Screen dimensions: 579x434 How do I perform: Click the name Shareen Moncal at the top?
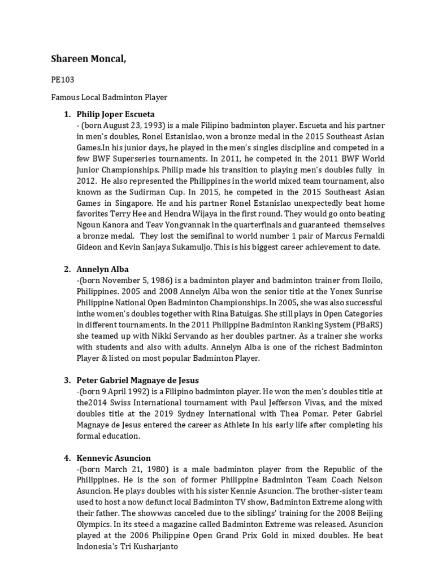[x=89, y=61]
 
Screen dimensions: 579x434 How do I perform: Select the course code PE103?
[x=62, y=81]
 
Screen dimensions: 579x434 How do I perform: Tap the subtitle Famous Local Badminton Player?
[x=109, y=97]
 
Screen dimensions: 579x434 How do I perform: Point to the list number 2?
[x=67, y=269]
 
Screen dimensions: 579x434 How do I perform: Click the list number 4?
[x=67, y=458]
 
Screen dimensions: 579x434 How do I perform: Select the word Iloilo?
[x=367, y=280]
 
